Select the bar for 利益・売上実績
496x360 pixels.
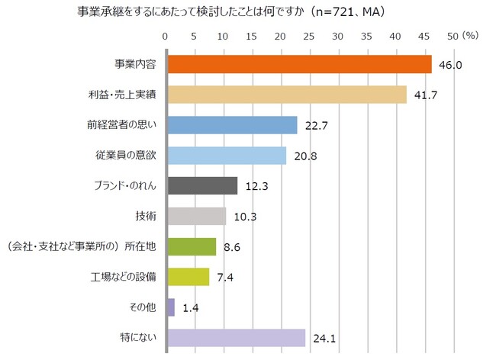pyautogui.click(x=287, y=95)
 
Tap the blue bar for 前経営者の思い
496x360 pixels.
pyautogui.click(x=232, y=125)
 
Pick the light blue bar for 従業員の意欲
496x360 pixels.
pyautogui.click(x=227, y=156)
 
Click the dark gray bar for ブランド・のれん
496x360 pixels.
pyautogui.click(x=202, y=186)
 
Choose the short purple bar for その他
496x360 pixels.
pyautogui.click(x=171, y=307)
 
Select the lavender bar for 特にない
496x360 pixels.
pyautogui.click(x=236, y=338)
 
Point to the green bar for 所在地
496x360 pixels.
pyautogui.click(x=192, y=246)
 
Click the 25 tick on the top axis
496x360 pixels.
pyautogui.click(x=309, y=36)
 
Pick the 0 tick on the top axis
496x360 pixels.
pyautogui.click(x=166, y=36)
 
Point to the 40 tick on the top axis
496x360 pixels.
pyautogui.click(x=395, y=36)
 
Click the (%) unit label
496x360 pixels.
pyautogui.click(x=470, y=35)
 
